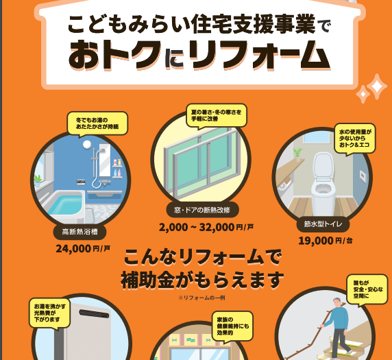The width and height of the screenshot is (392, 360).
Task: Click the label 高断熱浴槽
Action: [79, 232]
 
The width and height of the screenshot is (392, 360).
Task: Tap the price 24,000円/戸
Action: [83, 249]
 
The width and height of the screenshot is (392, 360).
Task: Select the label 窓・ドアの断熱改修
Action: [202, 210]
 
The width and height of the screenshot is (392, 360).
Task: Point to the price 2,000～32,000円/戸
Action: [206, 228]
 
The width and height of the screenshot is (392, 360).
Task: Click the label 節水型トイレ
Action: [323, 224]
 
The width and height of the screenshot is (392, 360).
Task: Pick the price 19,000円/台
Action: [326, 241]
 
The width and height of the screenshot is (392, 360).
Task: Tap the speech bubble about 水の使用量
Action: [355, 139]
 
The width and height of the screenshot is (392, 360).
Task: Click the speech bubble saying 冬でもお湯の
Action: [97, 124]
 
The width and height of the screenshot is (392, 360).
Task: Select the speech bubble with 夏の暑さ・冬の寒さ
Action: [217, 116]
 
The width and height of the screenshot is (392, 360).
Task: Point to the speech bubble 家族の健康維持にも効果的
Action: [232, 326]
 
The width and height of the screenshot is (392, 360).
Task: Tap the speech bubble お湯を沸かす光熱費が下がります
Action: [49, 313]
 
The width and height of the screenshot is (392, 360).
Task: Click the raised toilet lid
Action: [323, 165]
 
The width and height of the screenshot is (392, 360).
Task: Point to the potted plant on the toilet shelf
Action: [297, 155]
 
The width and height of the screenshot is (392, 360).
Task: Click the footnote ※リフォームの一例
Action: [201, 298]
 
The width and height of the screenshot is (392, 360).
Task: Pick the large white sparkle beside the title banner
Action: [376, 86]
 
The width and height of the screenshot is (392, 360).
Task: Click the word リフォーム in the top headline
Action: [260, 54]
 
